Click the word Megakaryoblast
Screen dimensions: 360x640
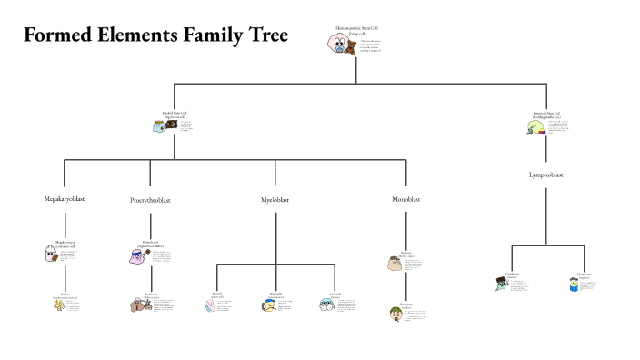(65, 198)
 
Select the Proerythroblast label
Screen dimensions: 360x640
(150, 199)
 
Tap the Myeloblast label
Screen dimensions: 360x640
(275, 199)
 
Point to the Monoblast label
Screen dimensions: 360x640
(405, 198)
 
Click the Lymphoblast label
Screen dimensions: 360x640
(545, 175)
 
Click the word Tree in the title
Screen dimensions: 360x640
(266, 35)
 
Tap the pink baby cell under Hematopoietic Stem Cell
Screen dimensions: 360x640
(335, 45)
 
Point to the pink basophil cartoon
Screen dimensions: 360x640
(212, 305)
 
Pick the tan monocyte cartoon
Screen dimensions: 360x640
(393, 264)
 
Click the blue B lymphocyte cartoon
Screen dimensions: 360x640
(573, 285)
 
